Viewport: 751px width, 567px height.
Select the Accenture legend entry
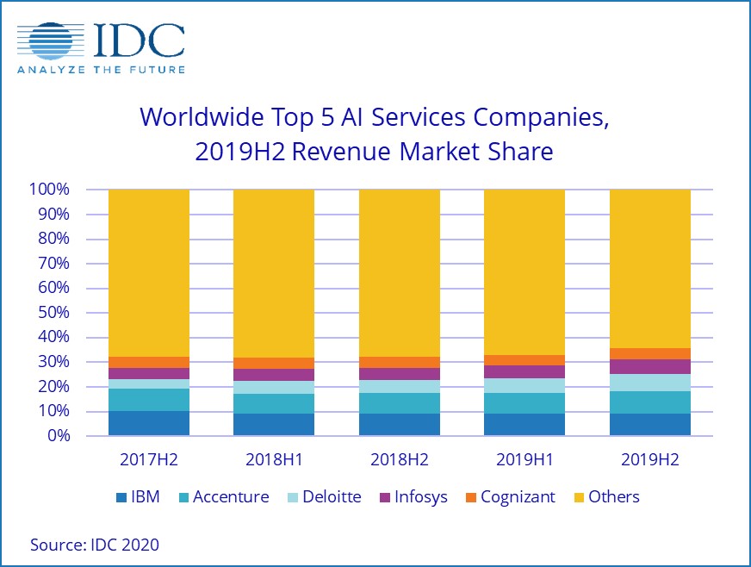221,497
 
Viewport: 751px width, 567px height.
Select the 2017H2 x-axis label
149,459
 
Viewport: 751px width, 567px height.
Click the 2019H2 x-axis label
650,459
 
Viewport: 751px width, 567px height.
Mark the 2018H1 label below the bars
274,459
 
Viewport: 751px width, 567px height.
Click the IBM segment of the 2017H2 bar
149,423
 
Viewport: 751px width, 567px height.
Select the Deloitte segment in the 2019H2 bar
650,383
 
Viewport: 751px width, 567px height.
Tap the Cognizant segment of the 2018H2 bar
400,362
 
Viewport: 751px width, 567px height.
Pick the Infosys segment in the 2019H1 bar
524,371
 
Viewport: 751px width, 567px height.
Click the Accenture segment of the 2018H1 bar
274,403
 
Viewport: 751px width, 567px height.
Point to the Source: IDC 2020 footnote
95,545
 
